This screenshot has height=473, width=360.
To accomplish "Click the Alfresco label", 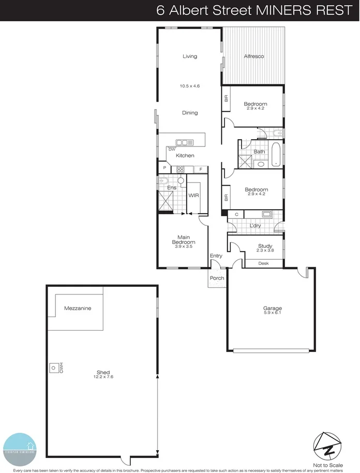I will [254, 56].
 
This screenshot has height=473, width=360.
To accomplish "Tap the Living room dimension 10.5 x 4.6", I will [190, 86].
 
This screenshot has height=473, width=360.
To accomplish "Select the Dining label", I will [190, 113].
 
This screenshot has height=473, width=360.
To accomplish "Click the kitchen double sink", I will [184, 142].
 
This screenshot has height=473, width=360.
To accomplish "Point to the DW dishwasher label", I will [171, 150].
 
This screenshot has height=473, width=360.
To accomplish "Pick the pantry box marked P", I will [164, 169].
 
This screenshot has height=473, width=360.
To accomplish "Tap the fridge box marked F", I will [201, 169].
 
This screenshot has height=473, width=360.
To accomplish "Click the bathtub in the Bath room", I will [276, 154].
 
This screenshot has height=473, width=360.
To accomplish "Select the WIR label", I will [194, 196].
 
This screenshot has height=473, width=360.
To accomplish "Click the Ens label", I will [171, 187].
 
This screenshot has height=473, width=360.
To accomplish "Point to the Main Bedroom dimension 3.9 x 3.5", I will [184, 247].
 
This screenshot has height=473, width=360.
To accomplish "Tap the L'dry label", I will [255, 226].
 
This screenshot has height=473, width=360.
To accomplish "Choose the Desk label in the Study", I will [263, 263].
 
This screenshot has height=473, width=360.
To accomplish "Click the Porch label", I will [217, 278].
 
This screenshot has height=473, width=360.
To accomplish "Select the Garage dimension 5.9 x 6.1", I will [272, 313].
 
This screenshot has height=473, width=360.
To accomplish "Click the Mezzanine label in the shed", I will [78, 308].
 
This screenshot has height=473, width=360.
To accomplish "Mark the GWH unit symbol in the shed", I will [53, 368].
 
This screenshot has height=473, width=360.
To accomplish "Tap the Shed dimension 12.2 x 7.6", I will [104, 377].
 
